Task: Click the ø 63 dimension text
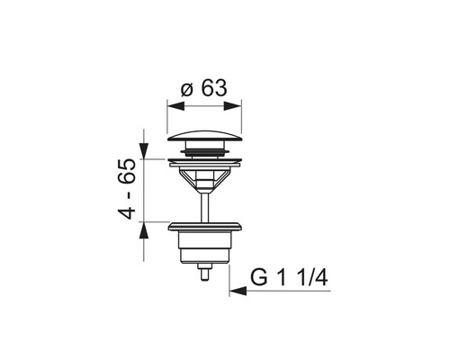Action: click(204, 88)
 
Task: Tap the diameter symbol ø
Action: click(186, 90)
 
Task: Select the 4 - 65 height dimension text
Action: click(127, 189)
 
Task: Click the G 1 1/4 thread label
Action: click(289, 278)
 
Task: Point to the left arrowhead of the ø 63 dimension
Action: click(175, 106)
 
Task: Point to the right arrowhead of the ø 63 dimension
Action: click(233, 106)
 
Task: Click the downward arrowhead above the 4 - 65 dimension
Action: click(144, 150)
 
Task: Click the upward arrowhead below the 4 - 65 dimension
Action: click(144, 230)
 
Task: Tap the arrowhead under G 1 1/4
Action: click(238, 291)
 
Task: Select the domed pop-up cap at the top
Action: click(204, 136)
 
